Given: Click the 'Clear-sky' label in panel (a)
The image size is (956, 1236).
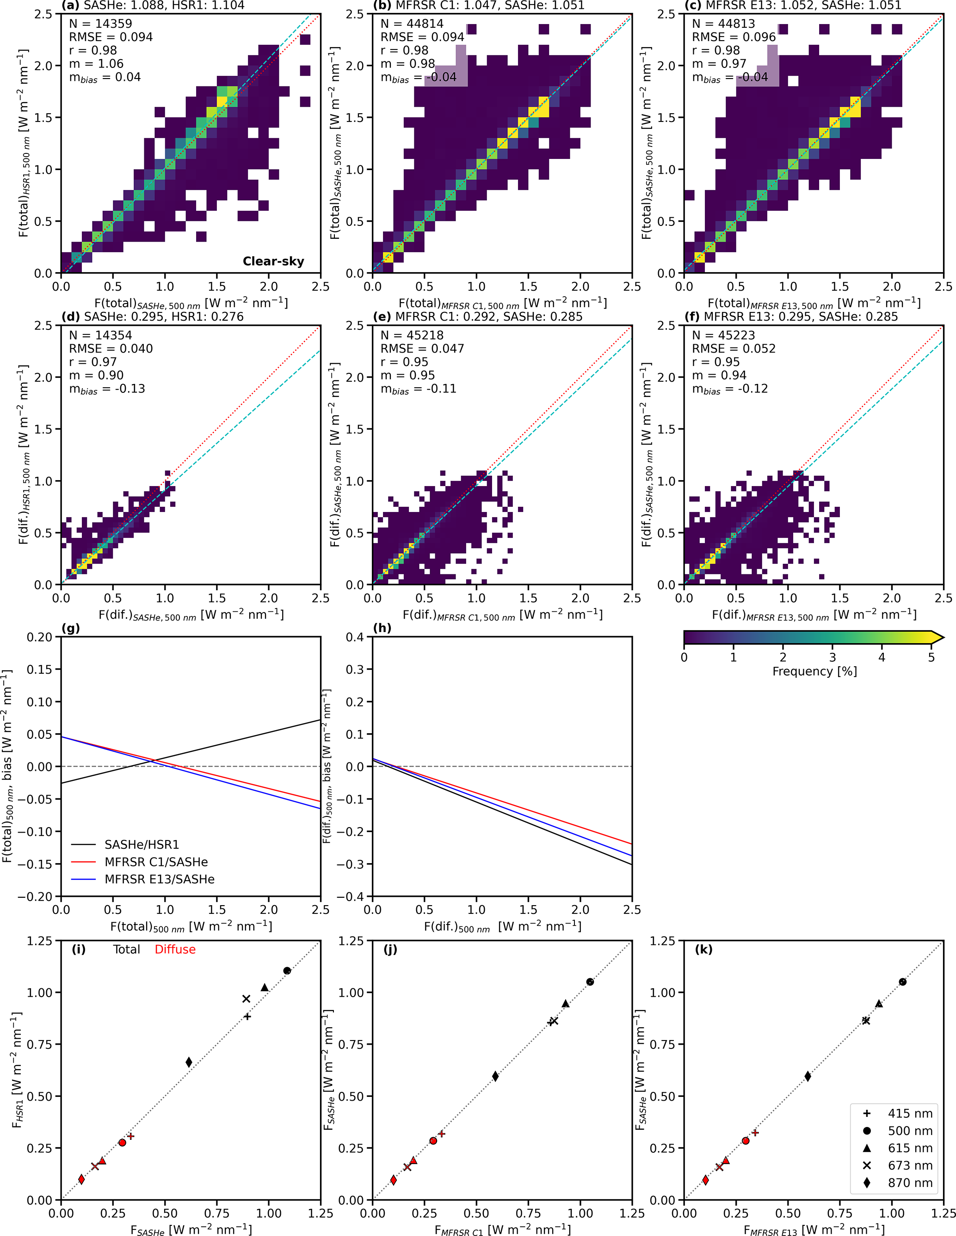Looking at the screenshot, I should [x=273, y=261].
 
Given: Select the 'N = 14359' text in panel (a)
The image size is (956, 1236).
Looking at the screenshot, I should [x=100, y=24].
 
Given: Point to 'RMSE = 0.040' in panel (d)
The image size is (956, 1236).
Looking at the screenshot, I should [x=111, y=348].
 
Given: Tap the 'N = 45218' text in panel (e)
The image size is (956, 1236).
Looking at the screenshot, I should [x=412, y=335].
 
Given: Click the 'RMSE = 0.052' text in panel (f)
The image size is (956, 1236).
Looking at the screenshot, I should [x=734, y=348].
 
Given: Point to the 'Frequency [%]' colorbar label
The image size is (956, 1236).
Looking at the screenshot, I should [x=814, y=671].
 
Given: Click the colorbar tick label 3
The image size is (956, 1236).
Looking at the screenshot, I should [x=832, y=658].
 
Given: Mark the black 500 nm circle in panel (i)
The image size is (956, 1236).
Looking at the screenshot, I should [x=287, y=971].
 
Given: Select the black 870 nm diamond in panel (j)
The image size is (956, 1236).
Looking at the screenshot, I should [x=495, y=1077].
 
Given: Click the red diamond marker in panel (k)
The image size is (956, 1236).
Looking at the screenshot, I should [x=705, y=1180].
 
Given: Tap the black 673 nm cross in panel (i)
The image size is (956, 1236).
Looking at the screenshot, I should [x=247, y=999].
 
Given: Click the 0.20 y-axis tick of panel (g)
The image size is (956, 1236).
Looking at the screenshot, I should [x=40, y=637].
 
